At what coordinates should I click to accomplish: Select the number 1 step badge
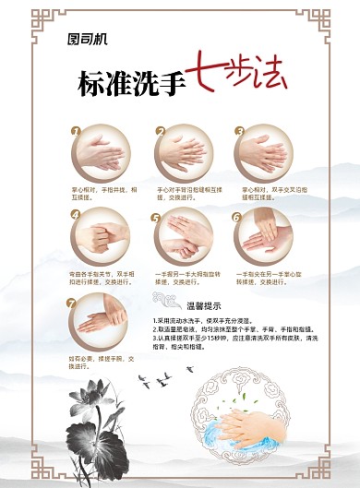[x=76, y=131]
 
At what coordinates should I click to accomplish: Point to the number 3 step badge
[x=239, y=131]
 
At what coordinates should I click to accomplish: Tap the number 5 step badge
[x=157, y=218]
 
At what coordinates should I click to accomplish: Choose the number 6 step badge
[x=237, y=218]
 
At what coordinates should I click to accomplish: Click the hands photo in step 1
[x=100, y=153]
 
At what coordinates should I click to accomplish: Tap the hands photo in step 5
[x=182, y=238]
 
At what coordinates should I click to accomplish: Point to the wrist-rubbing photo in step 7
[x=100, y=321]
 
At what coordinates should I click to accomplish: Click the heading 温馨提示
[x=204, y=305]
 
